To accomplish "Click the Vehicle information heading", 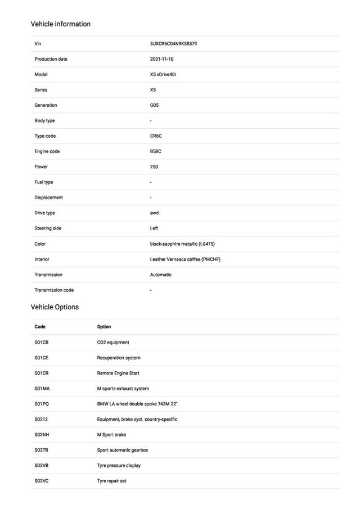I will [60, 24].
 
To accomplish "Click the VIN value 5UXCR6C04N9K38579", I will [173, 43].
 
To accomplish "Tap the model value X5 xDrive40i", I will [163, 74].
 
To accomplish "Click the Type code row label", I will [45, 136].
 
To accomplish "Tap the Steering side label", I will [48, 228].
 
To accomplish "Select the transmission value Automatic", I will [161, 275].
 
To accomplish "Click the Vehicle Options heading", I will [55, 307].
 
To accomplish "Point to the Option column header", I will [104, 327].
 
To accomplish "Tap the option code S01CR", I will [42, 373].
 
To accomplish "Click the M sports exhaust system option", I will [123, 389].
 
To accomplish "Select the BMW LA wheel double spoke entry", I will [137, 404].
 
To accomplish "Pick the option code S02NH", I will [42, 435].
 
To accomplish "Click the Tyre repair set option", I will [112, 481].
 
